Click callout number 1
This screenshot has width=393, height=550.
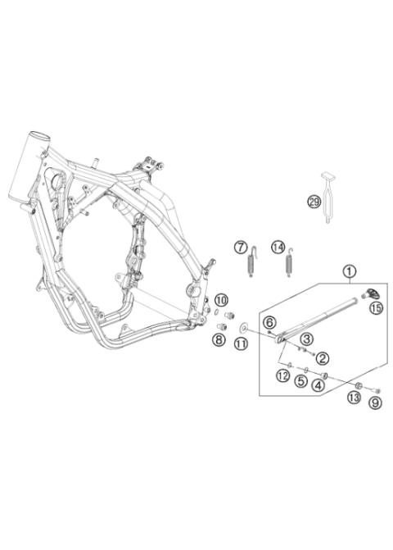pos(350,270)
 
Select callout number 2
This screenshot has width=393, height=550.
pos(323,357)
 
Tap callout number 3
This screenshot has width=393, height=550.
pos(305,339)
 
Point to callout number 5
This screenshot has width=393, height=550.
pos(301,381)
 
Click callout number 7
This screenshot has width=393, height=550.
pos(240,247)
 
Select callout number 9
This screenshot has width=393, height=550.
pos(375,402)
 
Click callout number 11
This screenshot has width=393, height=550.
pos(241,345)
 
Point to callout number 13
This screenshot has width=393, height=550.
pos(354,397)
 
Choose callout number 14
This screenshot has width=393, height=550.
pos(278,247)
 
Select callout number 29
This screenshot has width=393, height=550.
pos(314,202)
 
